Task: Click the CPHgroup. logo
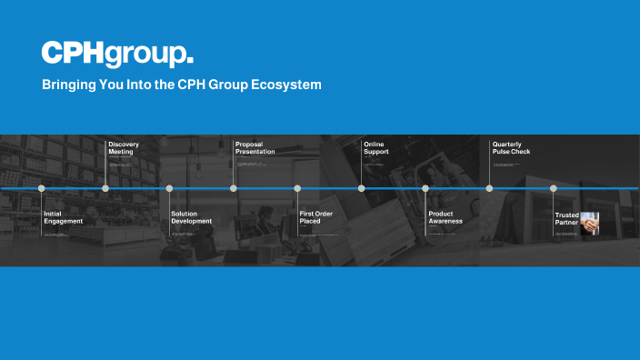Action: click(117, 54)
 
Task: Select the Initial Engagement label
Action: click(64, 217)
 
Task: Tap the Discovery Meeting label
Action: click(124, 148)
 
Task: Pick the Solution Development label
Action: click(191, 217)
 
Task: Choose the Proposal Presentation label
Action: click(255, 148)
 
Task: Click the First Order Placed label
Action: click(316, 217)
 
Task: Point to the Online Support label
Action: click(376, 148)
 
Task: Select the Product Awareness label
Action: click(445, 217)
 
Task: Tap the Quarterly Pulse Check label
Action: click(511, 148)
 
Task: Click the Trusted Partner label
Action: click(567, 219)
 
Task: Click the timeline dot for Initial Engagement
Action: click(41, 188)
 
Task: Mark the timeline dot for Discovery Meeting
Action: click(105, 188)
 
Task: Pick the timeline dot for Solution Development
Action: click(169, 188)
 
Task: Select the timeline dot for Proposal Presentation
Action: click(234, 188)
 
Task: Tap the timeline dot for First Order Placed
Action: click(297, 188)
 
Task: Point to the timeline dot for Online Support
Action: click(361, 188)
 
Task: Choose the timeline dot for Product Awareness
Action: click(425, 188)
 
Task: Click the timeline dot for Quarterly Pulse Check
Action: click(489, 188)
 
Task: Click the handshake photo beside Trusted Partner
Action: click(590, 224)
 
